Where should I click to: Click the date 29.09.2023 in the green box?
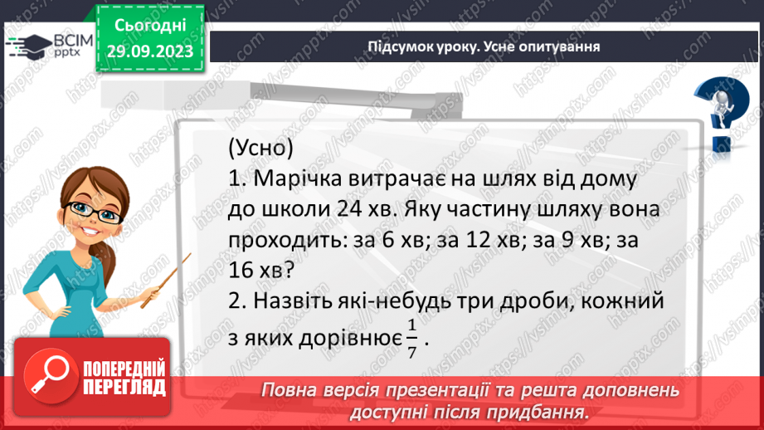click(150, 51)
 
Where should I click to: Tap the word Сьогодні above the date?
click(150, 27)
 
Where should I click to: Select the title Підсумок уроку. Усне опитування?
click(484, 46)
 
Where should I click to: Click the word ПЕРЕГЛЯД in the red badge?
click(125, 387)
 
